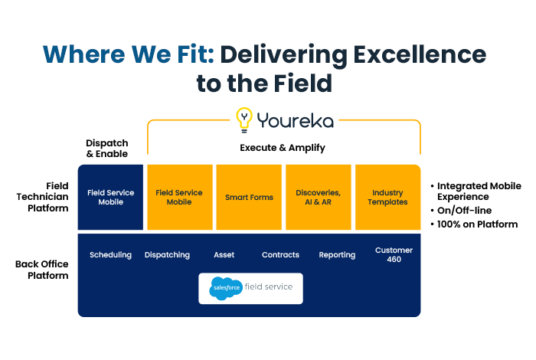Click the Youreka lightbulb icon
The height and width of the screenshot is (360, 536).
(x=244, y=119)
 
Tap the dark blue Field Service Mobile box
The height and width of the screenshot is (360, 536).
(x=110, y=198)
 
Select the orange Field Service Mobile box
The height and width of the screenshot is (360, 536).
(x=178, y=198)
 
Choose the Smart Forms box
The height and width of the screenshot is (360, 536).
(x=249, y=198)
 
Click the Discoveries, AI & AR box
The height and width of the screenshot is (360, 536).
(x=318, y=198)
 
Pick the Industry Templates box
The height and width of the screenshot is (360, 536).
(x=387, y=198)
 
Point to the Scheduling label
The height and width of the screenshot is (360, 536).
(x=110, y=255)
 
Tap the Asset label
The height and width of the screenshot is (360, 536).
(x=224, y=255)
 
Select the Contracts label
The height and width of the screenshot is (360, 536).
(x=279, y=255)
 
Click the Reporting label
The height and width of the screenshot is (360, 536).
(x=337, y=255)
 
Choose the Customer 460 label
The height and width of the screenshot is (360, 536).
(x=394, y=255)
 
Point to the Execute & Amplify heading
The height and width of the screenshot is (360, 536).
(x=283, y=148)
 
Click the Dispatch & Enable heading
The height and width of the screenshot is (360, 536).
(x=106, y=148)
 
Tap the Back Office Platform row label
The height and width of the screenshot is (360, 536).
(x=42, y=270)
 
